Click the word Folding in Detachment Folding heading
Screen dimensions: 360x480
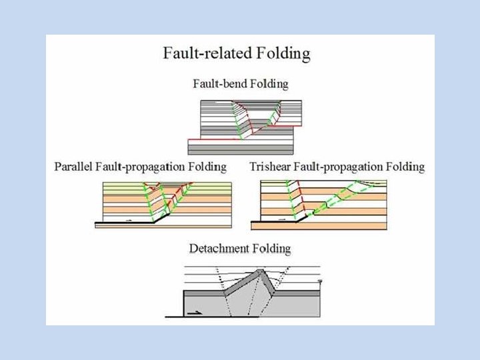(271, 249)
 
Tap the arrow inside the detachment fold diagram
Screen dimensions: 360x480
(197, 311)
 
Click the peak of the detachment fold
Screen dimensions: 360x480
(260, 271)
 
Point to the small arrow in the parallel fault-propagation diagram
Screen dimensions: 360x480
(129, 218)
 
